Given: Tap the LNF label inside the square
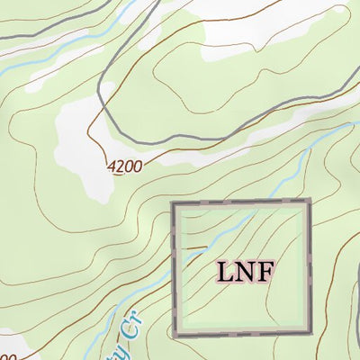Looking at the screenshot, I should [243, 271].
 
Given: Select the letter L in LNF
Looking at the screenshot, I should [224, 271].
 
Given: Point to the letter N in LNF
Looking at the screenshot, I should [243, 271].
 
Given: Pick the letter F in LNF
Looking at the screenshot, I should [262, 271].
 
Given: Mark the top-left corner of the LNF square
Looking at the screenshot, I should [174, 204].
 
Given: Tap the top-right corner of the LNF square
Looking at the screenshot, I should [309, 204].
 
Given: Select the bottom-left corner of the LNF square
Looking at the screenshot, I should [174, 333].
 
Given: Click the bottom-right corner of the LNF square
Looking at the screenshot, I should [309, 333].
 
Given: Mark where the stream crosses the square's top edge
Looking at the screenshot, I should [255, 205].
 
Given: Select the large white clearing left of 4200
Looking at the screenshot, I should [76, 144].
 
